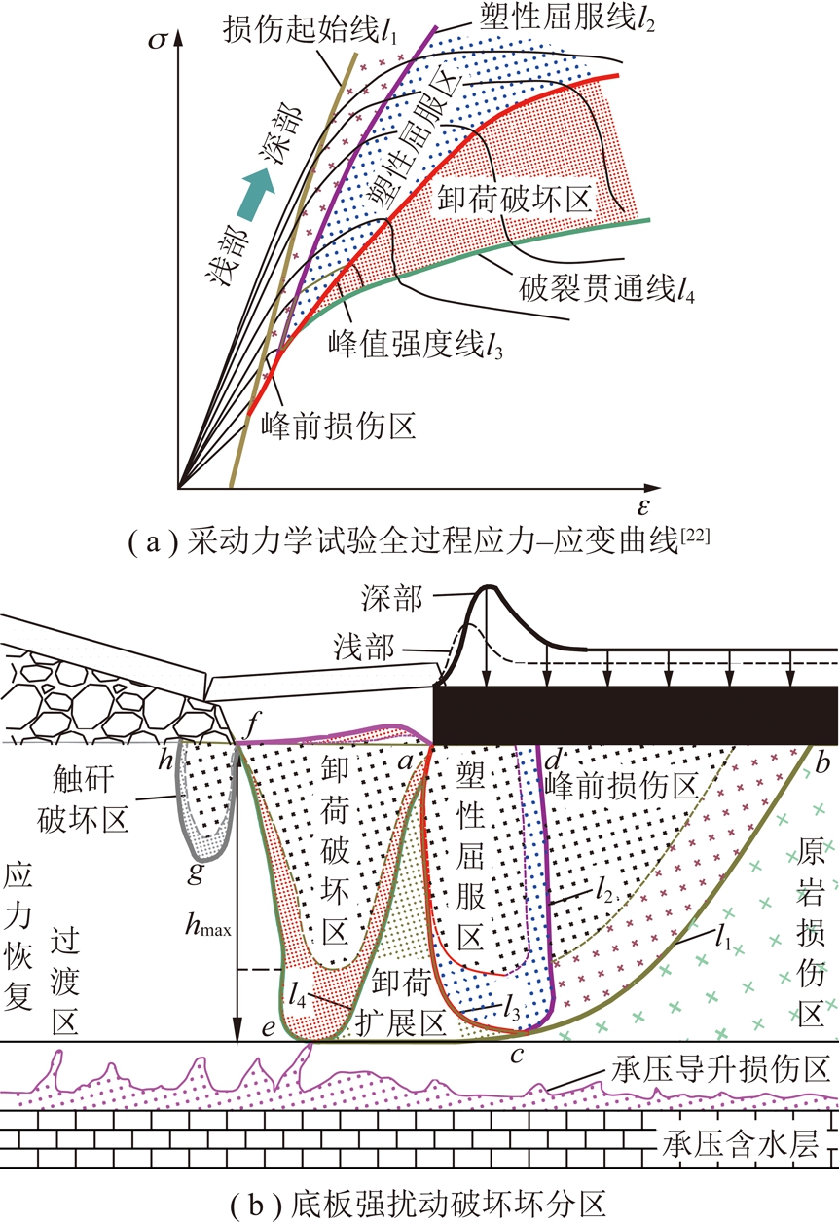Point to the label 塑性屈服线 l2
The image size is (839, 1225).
[x=554, y=19]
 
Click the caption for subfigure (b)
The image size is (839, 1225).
[x=418, y=1205]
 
